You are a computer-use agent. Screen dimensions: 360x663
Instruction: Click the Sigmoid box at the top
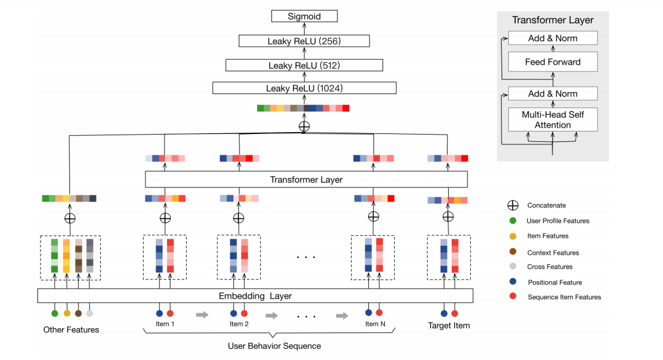(x=304, y=17)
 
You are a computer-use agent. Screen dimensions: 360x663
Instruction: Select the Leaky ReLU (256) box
(x=304, y=41)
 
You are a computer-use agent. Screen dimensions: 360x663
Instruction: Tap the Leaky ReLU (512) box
(x=304, y=65)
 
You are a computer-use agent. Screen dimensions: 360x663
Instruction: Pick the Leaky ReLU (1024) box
(x=304, y=88)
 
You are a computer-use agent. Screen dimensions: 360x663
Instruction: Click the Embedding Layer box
(x=255, y=295)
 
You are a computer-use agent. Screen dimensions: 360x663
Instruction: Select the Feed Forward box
(x=552, y=62)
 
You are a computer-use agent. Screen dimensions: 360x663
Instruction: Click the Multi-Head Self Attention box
(x=552, y=120)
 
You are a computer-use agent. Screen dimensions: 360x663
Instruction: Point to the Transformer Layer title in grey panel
(x=552, y=20)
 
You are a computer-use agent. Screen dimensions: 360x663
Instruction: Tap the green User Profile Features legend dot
(x=513, y=221)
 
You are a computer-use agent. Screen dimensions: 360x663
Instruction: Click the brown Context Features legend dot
(x=513, y=252)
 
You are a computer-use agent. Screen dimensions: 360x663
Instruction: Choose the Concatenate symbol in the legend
(x=513, y=205)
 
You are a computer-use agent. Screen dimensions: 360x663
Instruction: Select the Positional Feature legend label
(x=554, y=283)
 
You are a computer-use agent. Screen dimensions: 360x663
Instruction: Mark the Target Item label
(x=449, y=326)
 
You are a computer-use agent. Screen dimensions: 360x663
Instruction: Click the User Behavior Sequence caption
(x=274, y=346)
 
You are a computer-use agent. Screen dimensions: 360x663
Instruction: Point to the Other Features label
(x=71, y=330)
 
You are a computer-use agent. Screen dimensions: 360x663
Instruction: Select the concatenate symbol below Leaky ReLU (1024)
(x=304, y=126)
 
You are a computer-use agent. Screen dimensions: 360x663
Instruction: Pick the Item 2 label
(x=239, y=324)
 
